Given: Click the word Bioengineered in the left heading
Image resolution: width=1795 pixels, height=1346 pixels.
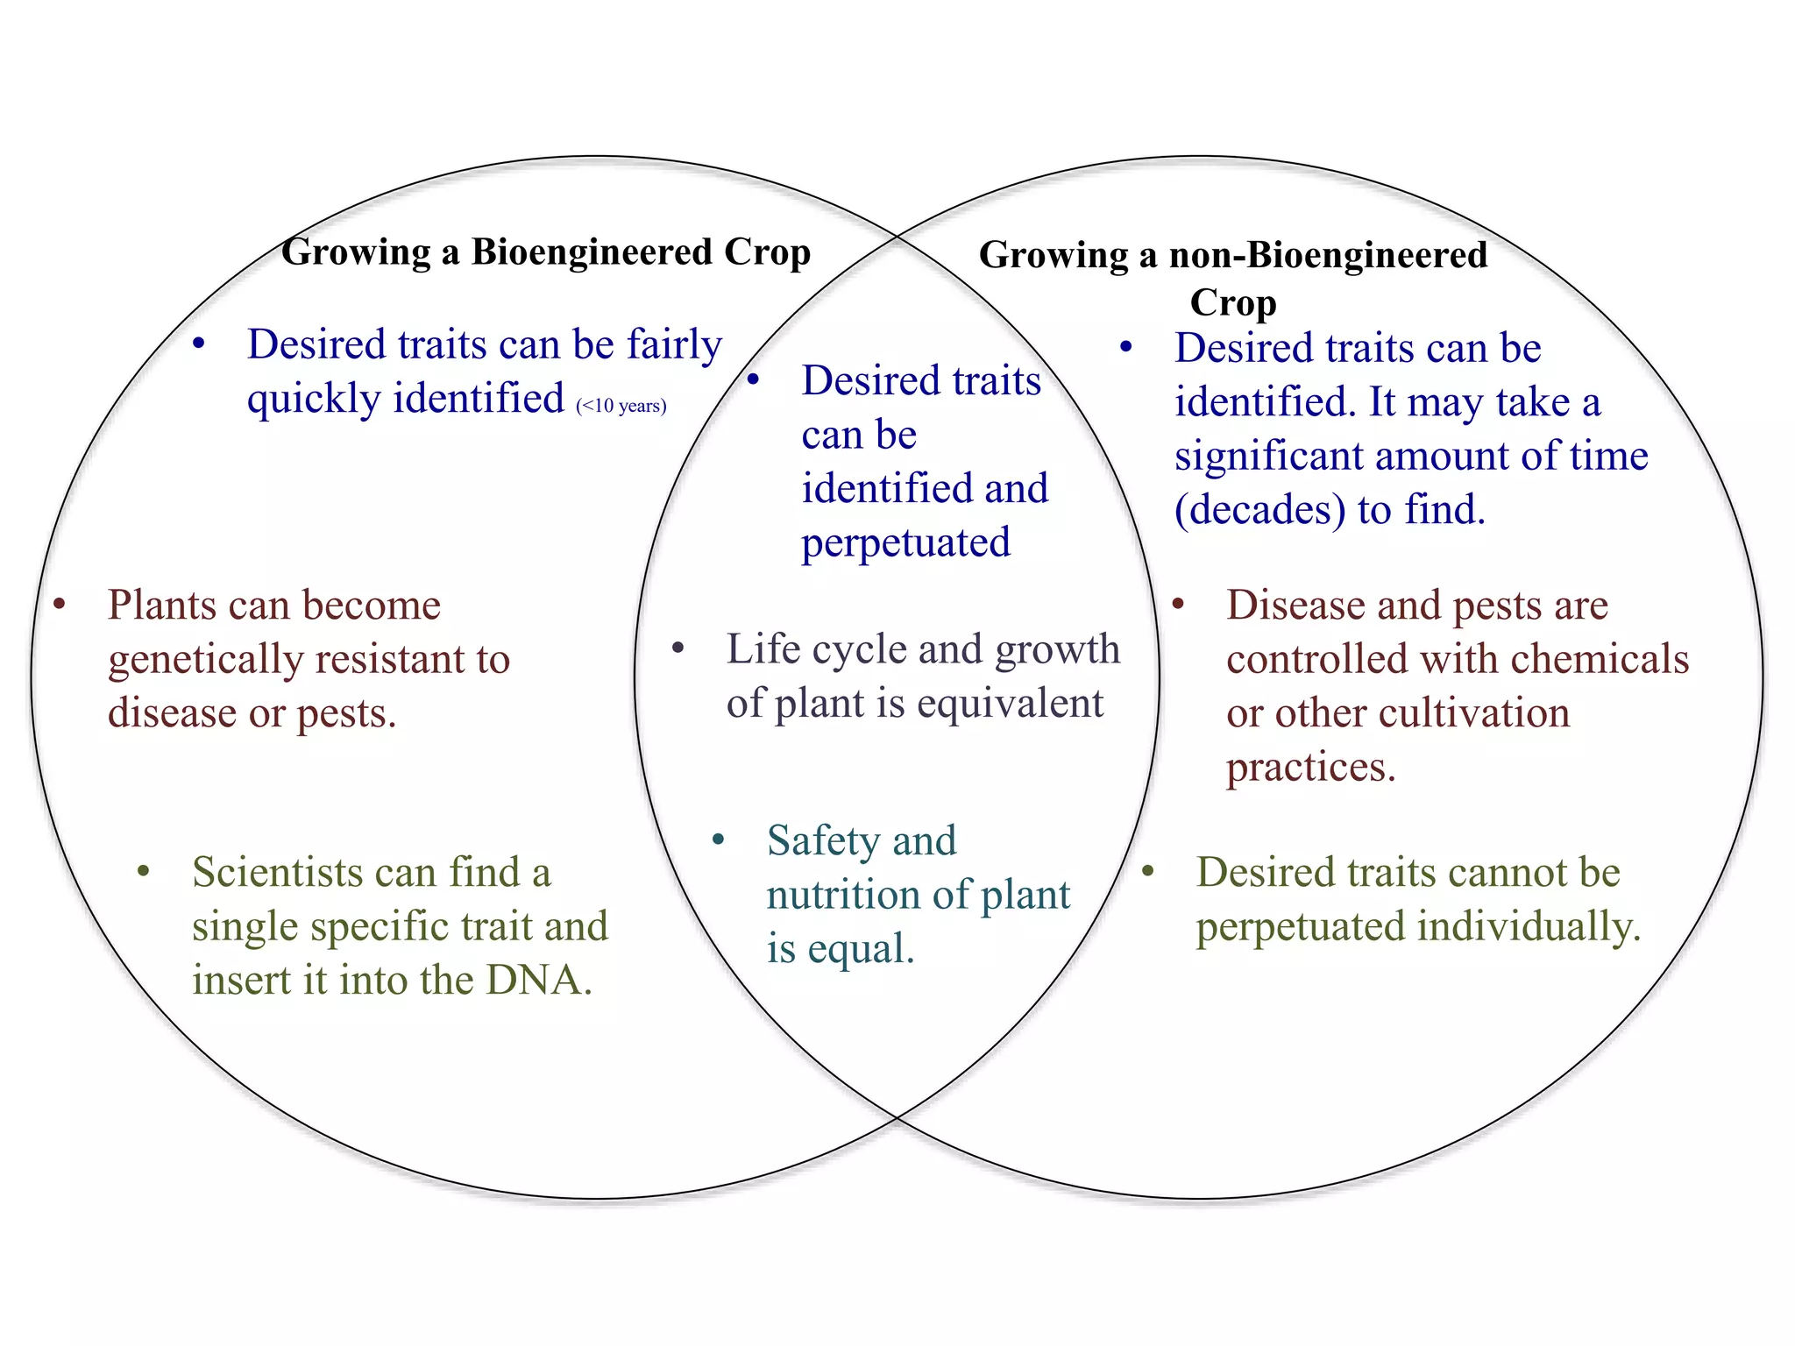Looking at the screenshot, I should (x=592, y=252).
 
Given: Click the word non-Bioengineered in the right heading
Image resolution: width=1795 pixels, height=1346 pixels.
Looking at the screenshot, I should (x=1328, y=255).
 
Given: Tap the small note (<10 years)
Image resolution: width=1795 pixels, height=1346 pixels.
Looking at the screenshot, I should (x=621, y=406).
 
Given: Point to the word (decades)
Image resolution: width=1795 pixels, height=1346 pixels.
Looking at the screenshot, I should (x=1259, y=510).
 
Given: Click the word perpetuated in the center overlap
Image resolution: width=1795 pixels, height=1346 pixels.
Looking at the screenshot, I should (x=905, y=543).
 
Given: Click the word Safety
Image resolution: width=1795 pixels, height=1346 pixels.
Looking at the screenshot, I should (x=824, y=841).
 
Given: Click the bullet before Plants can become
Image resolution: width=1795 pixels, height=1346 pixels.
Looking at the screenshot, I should (x=60, y=605).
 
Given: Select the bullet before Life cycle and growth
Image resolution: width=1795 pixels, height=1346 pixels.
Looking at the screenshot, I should (x=678, y=649).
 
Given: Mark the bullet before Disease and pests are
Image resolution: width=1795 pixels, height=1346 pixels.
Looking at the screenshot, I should (x=1178, y=605).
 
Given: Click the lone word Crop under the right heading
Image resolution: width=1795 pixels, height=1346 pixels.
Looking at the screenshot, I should (x=1232, y=303).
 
